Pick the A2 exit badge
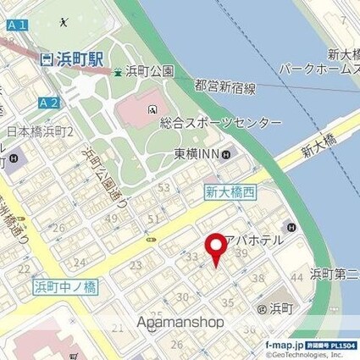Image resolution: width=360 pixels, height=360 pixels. [49, 102]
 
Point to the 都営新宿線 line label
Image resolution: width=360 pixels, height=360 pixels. [224, 86]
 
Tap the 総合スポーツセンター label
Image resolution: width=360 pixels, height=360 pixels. [220, 123]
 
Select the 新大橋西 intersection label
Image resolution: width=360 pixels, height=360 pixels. [230, 193]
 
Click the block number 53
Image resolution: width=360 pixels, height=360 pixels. [163, 187]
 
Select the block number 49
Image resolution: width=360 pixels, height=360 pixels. [111, 219]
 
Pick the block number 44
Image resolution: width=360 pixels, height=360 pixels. [297, 277]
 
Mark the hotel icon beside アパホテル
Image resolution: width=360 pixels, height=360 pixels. [291, 226]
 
